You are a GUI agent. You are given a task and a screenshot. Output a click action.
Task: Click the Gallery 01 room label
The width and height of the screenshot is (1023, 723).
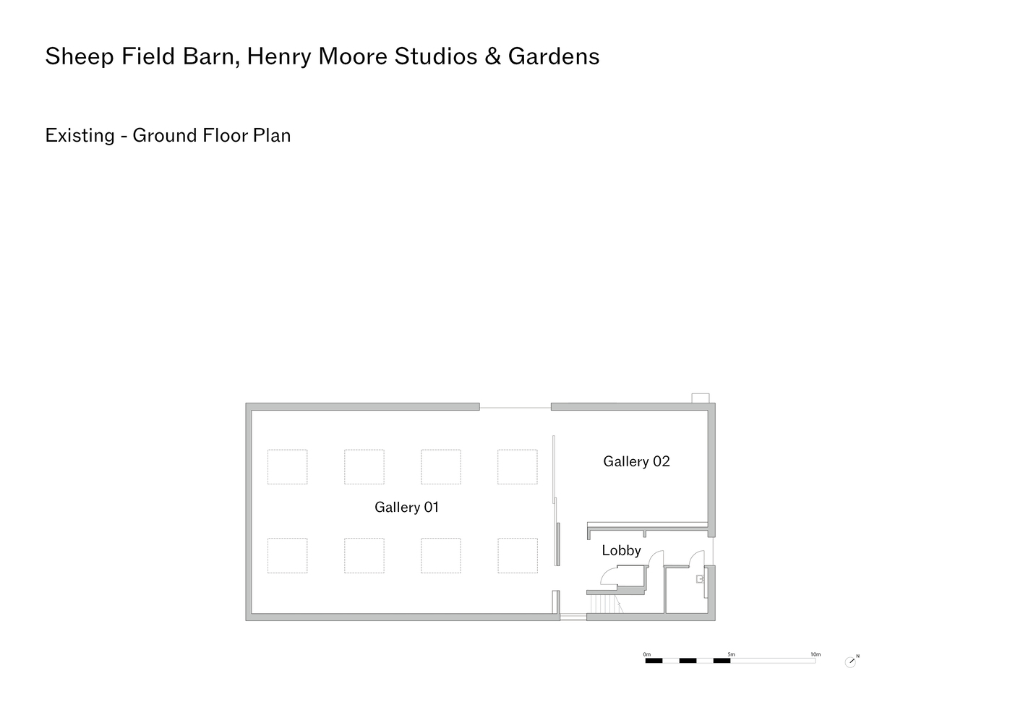[406, 508]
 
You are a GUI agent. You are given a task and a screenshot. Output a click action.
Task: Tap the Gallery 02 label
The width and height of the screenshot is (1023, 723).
[636, 461]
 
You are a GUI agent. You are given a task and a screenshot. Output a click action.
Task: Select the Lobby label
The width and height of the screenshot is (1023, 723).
[621, 550]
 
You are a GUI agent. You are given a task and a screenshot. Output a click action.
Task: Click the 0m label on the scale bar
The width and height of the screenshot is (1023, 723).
[646, 654]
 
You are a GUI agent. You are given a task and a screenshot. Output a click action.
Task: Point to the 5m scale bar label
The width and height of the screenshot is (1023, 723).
[731, 654]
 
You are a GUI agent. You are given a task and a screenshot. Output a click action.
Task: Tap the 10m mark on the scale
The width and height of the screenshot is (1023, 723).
[816, 654]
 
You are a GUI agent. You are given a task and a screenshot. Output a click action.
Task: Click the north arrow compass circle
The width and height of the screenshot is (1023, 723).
[850, 662]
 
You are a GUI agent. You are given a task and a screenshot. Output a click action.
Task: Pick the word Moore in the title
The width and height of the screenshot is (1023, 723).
[353, 56]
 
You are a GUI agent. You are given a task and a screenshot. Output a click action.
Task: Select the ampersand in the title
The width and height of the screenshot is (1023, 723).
[492, 56]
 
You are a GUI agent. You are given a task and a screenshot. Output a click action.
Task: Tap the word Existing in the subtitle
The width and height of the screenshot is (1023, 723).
[80, 136]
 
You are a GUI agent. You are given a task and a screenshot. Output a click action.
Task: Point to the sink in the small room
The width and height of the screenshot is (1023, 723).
[700, 579]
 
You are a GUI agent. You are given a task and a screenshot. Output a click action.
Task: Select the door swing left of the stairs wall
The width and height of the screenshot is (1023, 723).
[609, 576]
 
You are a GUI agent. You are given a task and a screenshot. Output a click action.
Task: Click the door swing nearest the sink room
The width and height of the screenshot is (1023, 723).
[697, 559]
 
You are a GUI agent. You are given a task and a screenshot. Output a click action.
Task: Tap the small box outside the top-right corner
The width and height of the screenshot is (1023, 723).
[700, 398]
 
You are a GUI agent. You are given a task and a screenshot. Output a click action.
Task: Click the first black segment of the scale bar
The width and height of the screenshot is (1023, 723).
[654, 660]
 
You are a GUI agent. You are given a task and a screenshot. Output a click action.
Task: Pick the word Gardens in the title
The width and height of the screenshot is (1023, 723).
[554, 56]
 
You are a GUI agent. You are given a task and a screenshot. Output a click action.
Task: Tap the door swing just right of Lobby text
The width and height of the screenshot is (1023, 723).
[656, 558]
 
